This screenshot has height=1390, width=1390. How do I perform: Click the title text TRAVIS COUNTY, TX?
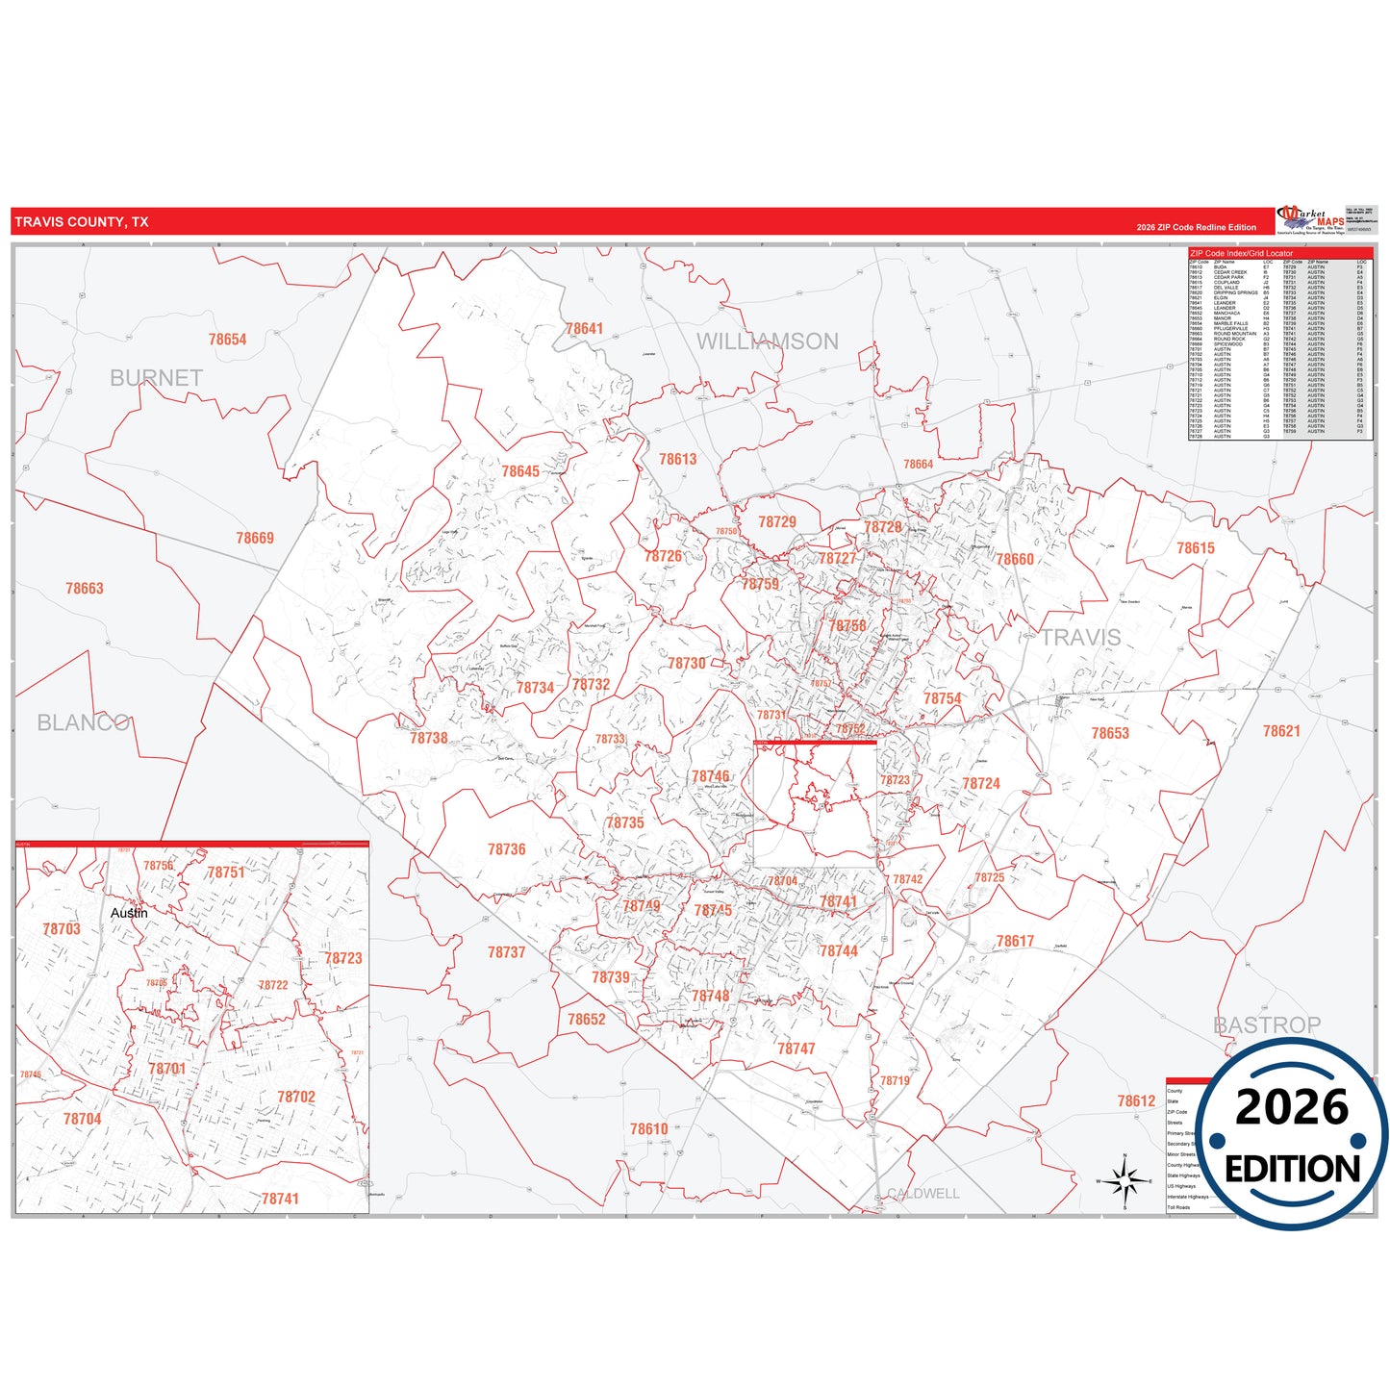click(82, 222)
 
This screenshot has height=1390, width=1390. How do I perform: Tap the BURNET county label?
click(156, 378)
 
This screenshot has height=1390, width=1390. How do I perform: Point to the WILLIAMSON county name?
click(767, 341)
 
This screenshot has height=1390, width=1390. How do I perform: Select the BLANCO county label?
click(84, 722)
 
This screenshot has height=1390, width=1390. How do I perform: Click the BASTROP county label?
click(1267, 1024)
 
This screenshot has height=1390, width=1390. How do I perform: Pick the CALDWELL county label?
click(922, 1194)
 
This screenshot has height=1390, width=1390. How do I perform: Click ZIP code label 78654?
click(227, 340)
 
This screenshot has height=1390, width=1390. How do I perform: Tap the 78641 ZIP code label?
click(584, 329)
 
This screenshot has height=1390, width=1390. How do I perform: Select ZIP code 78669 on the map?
click(255, 538)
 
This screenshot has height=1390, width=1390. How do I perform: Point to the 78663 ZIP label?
click(85, 589)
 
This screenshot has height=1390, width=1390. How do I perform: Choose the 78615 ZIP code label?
click(1196, 548)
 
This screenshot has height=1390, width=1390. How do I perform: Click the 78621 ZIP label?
click(1281, 731)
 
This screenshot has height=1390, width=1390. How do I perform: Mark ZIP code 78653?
click(1110, 733)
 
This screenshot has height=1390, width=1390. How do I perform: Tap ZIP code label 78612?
click(1136, 1101)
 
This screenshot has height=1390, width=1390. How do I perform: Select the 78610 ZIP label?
click(649, 1129)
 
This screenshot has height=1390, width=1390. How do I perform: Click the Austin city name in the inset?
click(129, 913)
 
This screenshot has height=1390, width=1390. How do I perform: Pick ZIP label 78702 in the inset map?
click(296, 1097)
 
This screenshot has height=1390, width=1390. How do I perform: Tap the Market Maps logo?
click(1310, 220)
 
